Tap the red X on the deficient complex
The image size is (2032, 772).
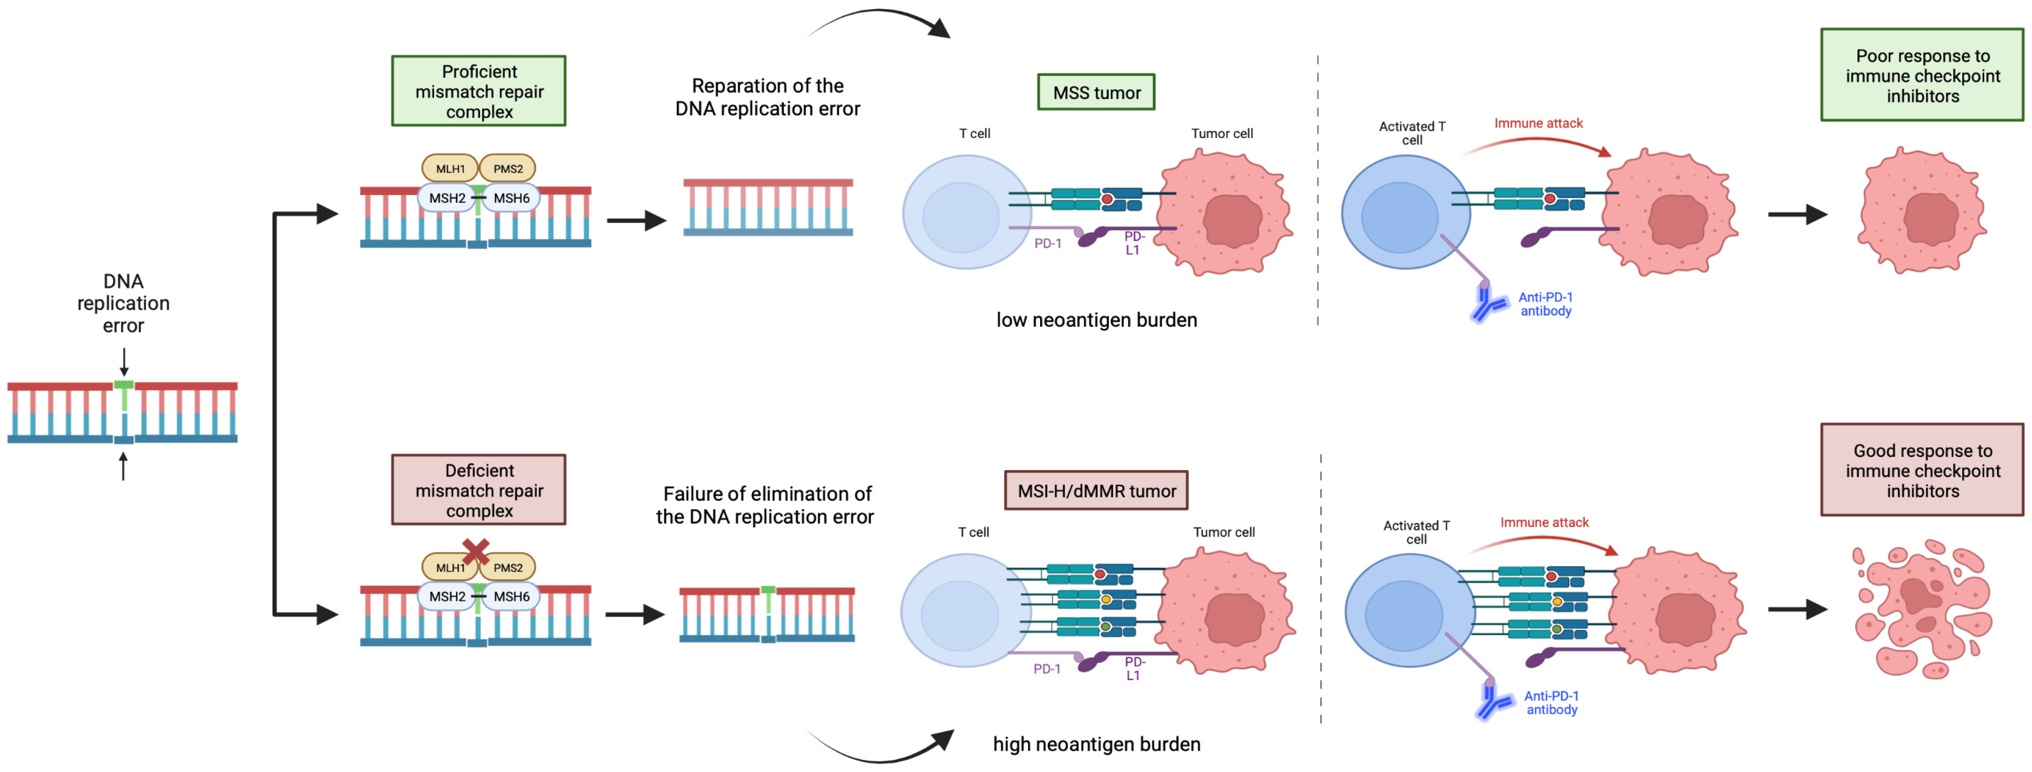[475, 551]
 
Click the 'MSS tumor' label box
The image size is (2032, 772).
[1096, 92]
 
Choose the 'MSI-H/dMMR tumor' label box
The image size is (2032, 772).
[1096, 491]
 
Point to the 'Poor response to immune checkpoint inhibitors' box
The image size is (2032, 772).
[1922, 76]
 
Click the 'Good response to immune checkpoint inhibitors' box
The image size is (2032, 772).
[1922, 470]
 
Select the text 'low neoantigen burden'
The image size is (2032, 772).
[1096, 320]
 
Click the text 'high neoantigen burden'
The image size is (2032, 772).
[1096, 744]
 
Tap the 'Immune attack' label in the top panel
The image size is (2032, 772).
[1538, 123]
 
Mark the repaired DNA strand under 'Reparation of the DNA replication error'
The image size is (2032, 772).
[768, 207]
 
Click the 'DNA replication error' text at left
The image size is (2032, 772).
[123, 304]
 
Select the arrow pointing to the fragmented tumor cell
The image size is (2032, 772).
[1797, 609]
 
